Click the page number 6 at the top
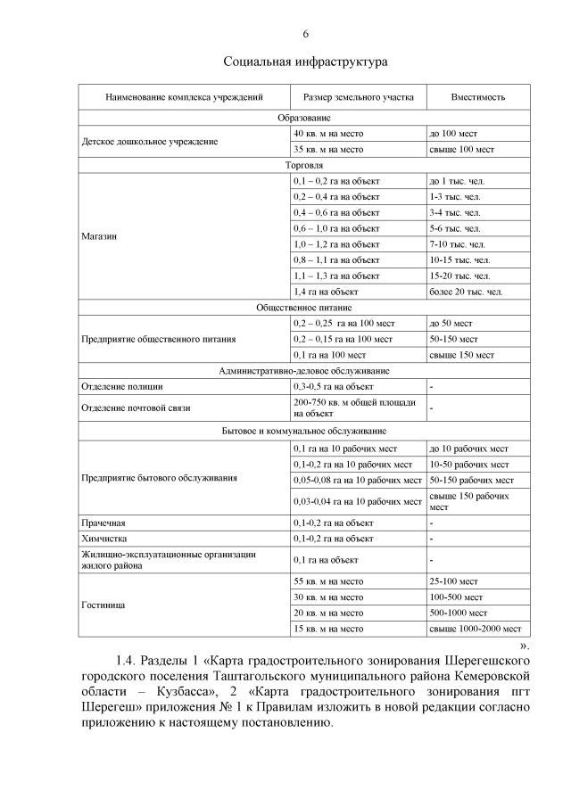(306, 34)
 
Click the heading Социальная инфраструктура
(305, 63)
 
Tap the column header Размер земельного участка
(358, 96)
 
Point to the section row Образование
(305, 118)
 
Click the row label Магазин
(98, 236)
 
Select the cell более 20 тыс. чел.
(465, 292)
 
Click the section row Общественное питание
(305, 308)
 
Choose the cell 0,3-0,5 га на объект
(333, 387)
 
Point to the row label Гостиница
(102, 605)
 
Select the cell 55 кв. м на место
(328, 581)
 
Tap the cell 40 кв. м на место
(328, 133)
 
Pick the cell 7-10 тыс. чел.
(457, 243)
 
